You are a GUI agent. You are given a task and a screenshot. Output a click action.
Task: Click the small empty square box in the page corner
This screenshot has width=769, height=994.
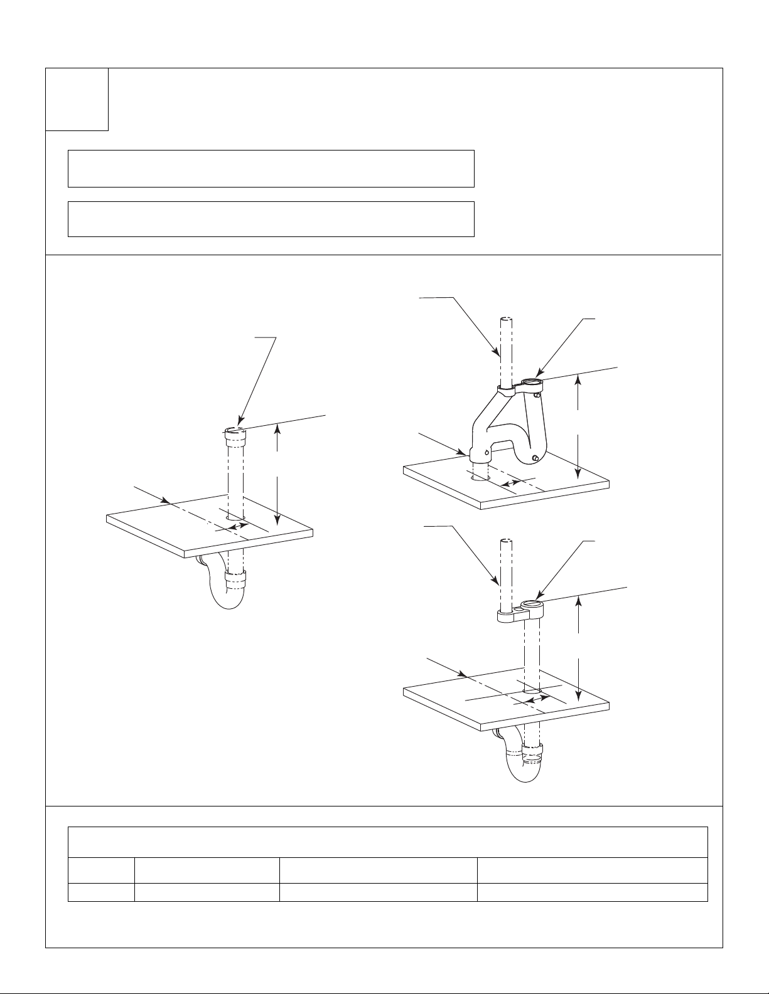[77, 99]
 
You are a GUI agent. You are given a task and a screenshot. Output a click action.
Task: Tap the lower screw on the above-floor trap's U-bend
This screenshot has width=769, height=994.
[534, 458]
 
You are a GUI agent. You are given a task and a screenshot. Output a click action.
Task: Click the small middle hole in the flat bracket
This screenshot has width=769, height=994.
[518, 610]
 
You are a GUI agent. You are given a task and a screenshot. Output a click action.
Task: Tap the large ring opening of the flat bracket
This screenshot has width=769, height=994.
[532, 605]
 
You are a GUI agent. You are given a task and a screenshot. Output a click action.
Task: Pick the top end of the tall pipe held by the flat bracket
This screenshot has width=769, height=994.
[505, 541]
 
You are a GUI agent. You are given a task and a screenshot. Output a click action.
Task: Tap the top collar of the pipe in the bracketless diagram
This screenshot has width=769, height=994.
[234, 432]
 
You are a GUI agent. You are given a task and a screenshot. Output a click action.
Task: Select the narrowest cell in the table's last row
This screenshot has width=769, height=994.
[101, 892]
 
